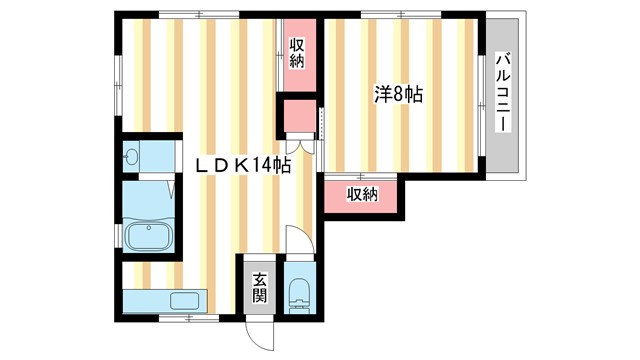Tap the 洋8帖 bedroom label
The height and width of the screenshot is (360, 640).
398,96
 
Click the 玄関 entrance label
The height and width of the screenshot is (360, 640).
259,286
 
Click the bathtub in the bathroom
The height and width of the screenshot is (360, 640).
151,236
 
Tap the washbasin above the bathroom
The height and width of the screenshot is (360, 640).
134,158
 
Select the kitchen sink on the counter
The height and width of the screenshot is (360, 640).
186,300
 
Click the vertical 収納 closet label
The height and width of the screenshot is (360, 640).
297,52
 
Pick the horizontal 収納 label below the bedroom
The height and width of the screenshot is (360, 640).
362,194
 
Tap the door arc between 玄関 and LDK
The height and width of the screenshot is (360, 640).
299,241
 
